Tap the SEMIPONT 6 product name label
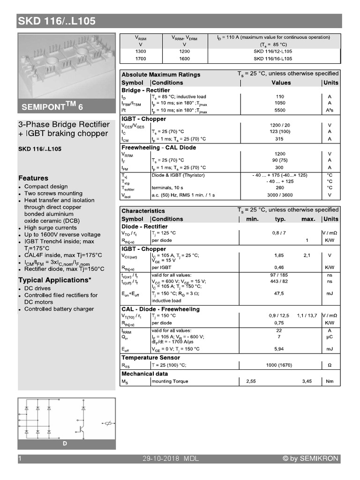(x=52, y=107)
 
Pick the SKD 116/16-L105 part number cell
(x=273, y=59)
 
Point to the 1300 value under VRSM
(x=140, y=52)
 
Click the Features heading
(x=33, y=178)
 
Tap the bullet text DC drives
(x=37, y=288)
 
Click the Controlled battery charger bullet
(x=59, y=309)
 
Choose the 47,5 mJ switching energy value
(x=280, y=293)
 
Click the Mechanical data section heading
(x=144, y=374)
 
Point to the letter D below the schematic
(x=65, y=443)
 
